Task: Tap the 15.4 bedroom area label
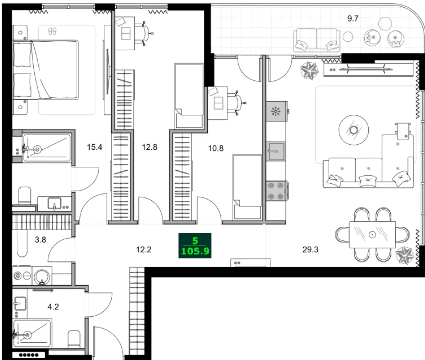pos(94,148)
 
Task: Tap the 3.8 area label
pos(41,240)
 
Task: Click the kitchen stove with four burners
pos(278,188)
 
